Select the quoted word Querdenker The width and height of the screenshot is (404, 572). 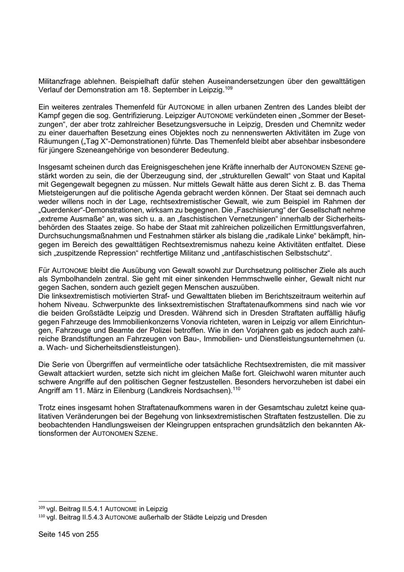[61, 210]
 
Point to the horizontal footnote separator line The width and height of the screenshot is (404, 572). [87, 501]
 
